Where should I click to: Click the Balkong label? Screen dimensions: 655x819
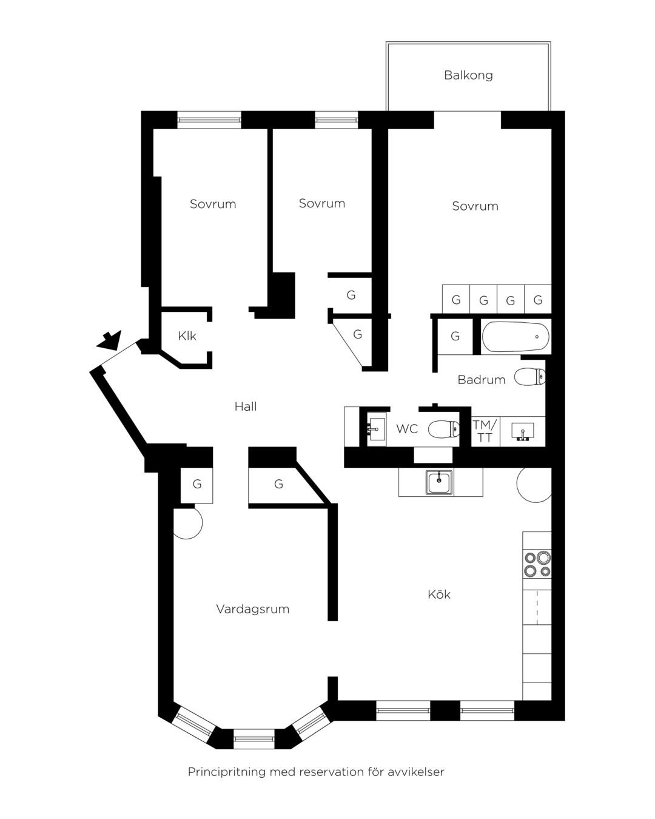pos(468,75)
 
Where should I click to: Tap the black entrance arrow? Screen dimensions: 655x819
pos(110,340)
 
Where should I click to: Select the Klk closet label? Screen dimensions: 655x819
pos(187,335)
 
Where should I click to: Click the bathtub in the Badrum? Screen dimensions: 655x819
pos(516,337)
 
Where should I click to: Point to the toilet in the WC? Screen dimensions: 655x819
pos(444,429)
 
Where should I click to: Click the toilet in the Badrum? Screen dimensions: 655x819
pos(530,376)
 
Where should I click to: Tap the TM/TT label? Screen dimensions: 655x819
pos(485,431)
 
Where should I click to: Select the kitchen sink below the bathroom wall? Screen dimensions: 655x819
pos(439,482)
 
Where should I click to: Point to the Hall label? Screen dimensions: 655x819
pos(246,406)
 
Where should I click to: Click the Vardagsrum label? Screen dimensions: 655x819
pos(253,609)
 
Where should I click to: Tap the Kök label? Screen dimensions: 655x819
pos(439,594)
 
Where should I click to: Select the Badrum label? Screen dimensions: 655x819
pos(481,379)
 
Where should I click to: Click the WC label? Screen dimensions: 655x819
pos(407,429)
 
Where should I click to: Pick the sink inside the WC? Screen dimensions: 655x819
pos(376,429)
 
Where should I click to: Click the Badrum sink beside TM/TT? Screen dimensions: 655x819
pos(523,432)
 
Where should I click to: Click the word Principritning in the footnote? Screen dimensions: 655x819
pos(226,772)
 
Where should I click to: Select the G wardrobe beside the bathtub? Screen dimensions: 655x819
pos(455,336)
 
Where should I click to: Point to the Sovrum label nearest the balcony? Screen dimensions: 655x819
pos(475,206)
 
